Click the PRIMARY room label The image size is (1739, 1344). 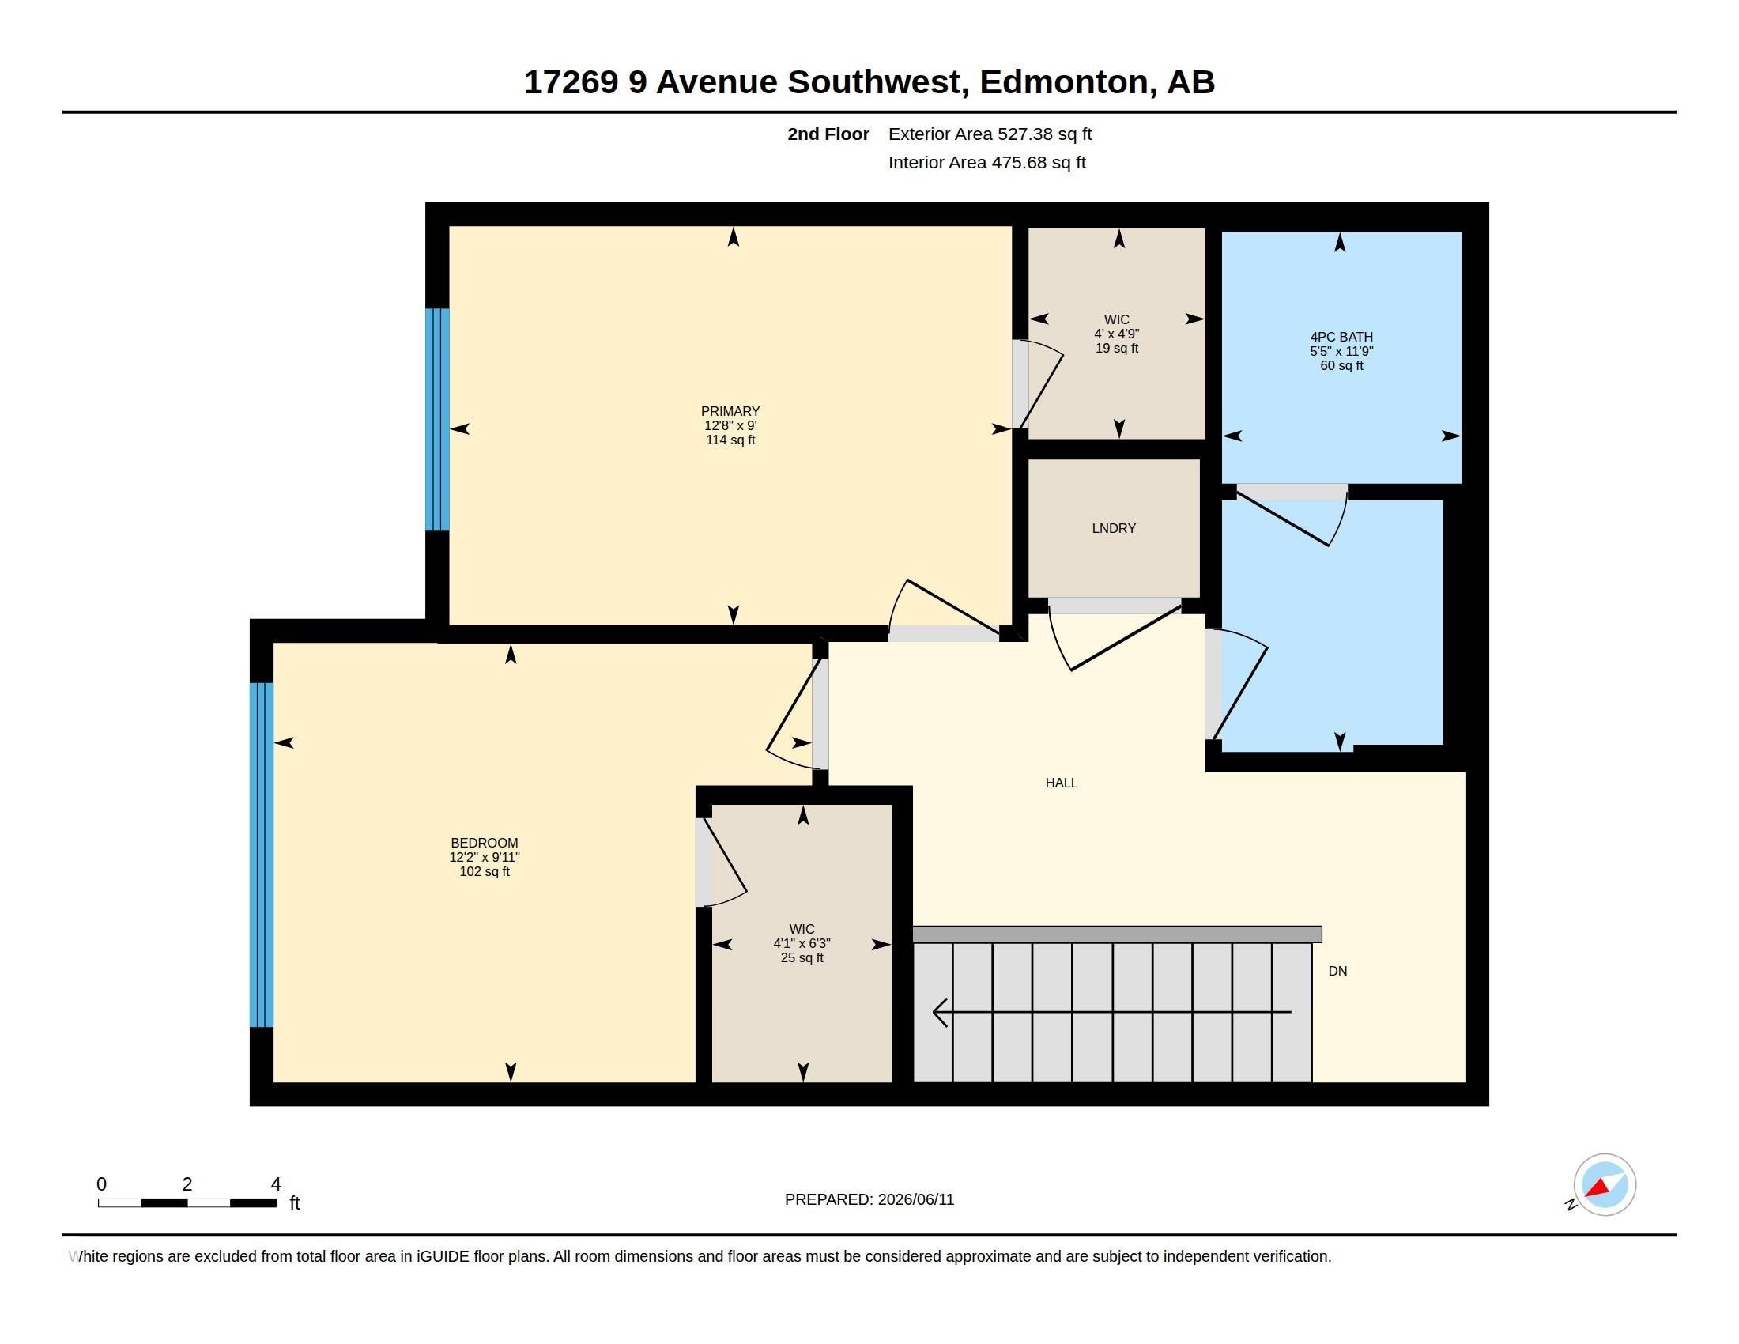click(x=730, y=411)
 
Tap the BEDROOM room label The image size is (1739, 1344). click(x=484, y=843)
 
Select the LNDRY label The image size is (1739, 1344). click(x=1114, y=528)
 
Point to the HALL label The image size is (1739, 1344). click(x=1062, y=783)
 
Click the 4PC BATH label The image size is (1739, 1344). click(x=1341, y=337)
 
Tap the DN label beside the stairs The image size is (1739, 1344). click(x=1337, y=971)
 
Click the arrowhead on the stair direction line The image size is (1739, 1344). click(x=940, y=1012)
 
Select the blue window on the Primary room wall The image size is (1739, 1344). click(x=437, y=420)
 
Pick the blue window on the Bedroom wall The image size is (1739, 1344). click(x=262, y=855)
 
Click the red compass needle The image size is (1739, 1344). click(x=1598, y=1188)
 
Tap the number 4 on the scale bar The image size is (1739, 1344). click(x=276, y=1184)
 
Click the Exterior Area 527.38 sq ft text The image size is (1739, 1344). click(x=990, y=134)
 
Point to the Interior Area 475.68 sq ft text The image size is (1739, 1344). click(x=986, y=162)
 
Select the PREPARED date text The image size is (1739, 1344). click(x=869, y=1199)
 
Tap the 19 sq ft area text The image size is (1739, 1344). click(x=1117, y=348)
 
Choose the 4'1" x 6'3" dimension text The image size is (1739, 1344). click(x=802, y=942)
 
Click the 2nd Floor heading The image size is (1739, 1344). click(x=828, y=134)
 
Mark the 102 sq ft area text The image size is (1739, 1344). click(x=484, y=871)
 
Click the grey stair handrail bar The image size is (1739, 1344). click(x=1117, y=934)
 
